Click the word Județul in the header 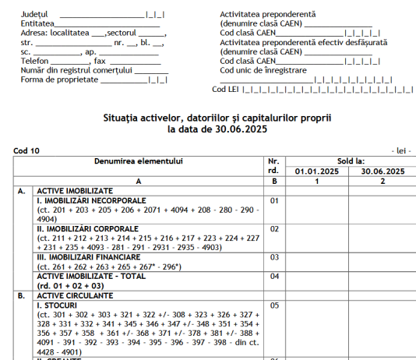coord(34,15)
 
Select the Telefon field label coord(34,61)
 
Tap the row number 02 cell coord(273,229)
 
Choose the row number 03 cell coord(273,256)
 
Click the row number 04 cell coord(273,275)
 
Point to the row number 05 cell coord(273,305)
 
